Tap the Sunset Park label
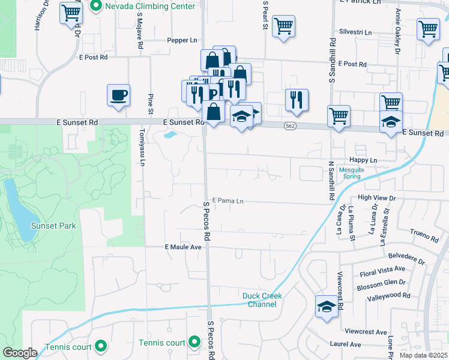(x=55, y=226)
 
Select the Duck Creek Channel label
(x=262, y=300)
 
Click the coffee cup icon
(x=118, y=94)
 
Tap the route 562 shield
(x=289, y=126)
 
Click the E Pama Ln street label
(x=228, y=200)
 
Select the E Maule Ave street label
(x=182, y=247)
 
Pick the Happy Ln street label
(x=364, y=160)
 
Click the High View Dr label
(x=377, y=197)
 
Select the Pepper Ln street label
(x=182, y=40)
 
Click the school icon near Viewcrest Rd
(x=325, y=307)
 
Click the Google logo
(x=20, y=352)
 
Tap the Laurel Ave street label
(x=345, y=344)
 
